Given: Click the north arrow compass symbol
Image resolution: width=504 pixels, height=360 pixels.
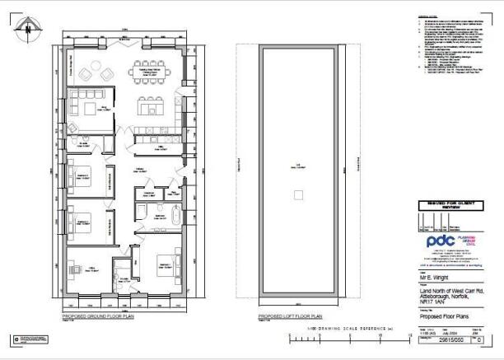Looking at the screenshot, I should (x=27, y=29).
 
